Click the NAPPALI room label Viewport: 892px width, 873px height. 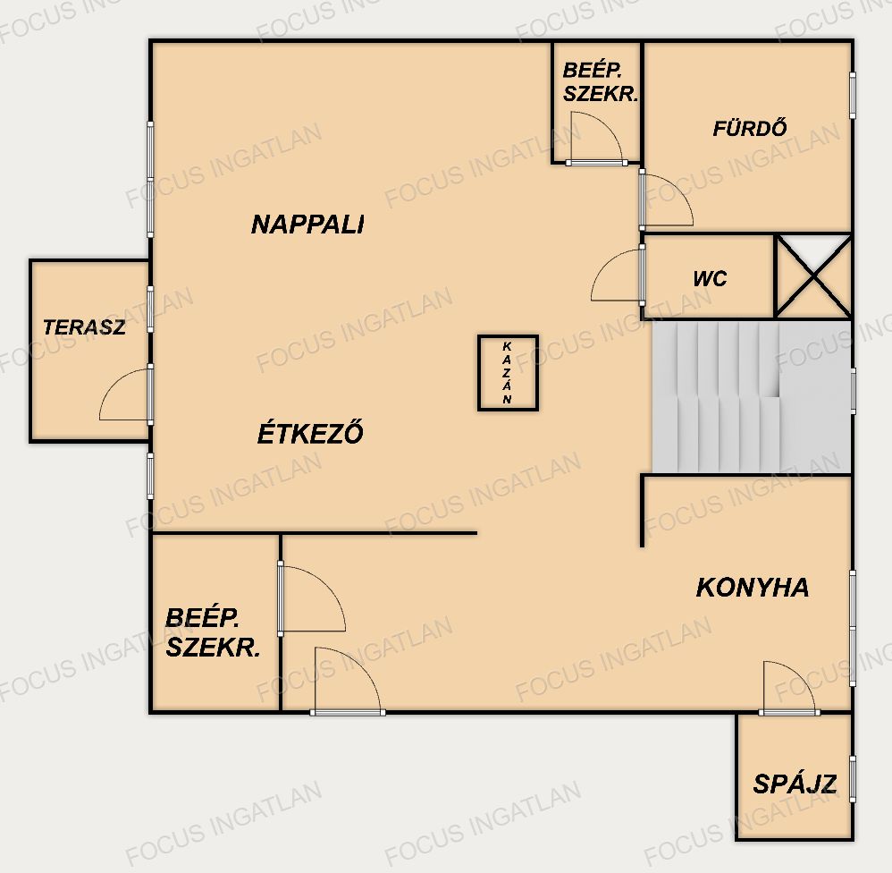[307, 225]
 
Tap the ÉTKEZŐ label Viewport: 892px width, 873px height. [310, 432]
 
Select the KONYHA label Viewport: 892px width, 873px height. [752, 587]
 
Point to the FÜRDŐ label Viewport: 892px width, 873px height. [750, 127]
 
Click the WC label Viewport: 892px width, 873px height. [710, 278]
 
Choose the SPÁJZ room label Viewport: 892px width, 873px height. [795, 784]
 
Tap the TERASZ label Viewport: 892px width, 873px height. [84, 326]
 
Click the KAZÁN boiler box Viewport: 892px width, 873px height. [508, 372]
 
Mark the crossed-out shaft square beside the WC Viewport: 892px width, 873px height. [813, 275]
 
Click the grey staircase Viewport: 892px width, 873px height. [751, 397]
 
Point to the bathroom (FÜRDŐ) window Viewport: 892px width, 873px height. [852, 96]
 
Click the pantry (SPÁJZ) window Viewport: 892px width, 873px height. [852, 779]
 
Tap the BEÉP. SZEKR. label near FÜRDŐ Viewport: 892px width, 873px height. [600, 82]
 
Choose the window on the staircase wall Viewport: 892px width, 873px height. [853, 391]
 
